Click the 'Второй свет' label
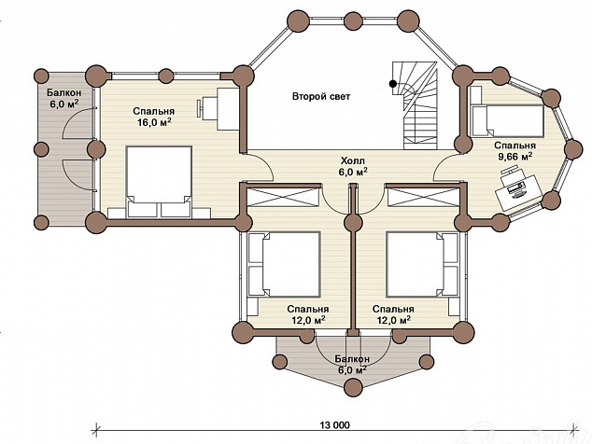[x=321, y=97]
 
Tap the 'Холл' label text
[x=353, y=161]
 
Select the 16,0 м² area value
[x=153, y=121]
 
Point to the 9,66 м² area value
[x=515, y=156]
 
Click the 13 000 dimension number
[x=335, y=425]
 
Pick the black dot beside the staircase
[x=393, y=83]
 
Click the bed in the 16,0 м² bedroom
[x=159, y=182]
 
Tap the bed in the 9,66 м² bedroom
[x=508, y=120]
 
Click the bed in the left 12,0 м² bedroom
[x=284, y=264]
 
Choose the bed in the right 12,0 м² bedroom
[x=422, y=264]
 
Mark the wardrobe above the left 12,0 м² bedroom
[x=283, y=197]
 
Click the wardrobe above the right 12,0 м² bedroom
[x=423, y=197]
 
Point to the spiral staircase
[x=415, y=105]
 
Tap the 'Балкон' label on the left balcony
[x=64, y=92]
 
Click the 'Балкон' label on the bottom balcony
[x=352, y=359]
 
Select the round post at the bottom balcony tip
[x=353, y=387]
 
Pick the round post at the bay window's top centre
[x=353, y=20]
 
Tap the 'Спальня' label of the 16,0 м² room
[x=154, y=112]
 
